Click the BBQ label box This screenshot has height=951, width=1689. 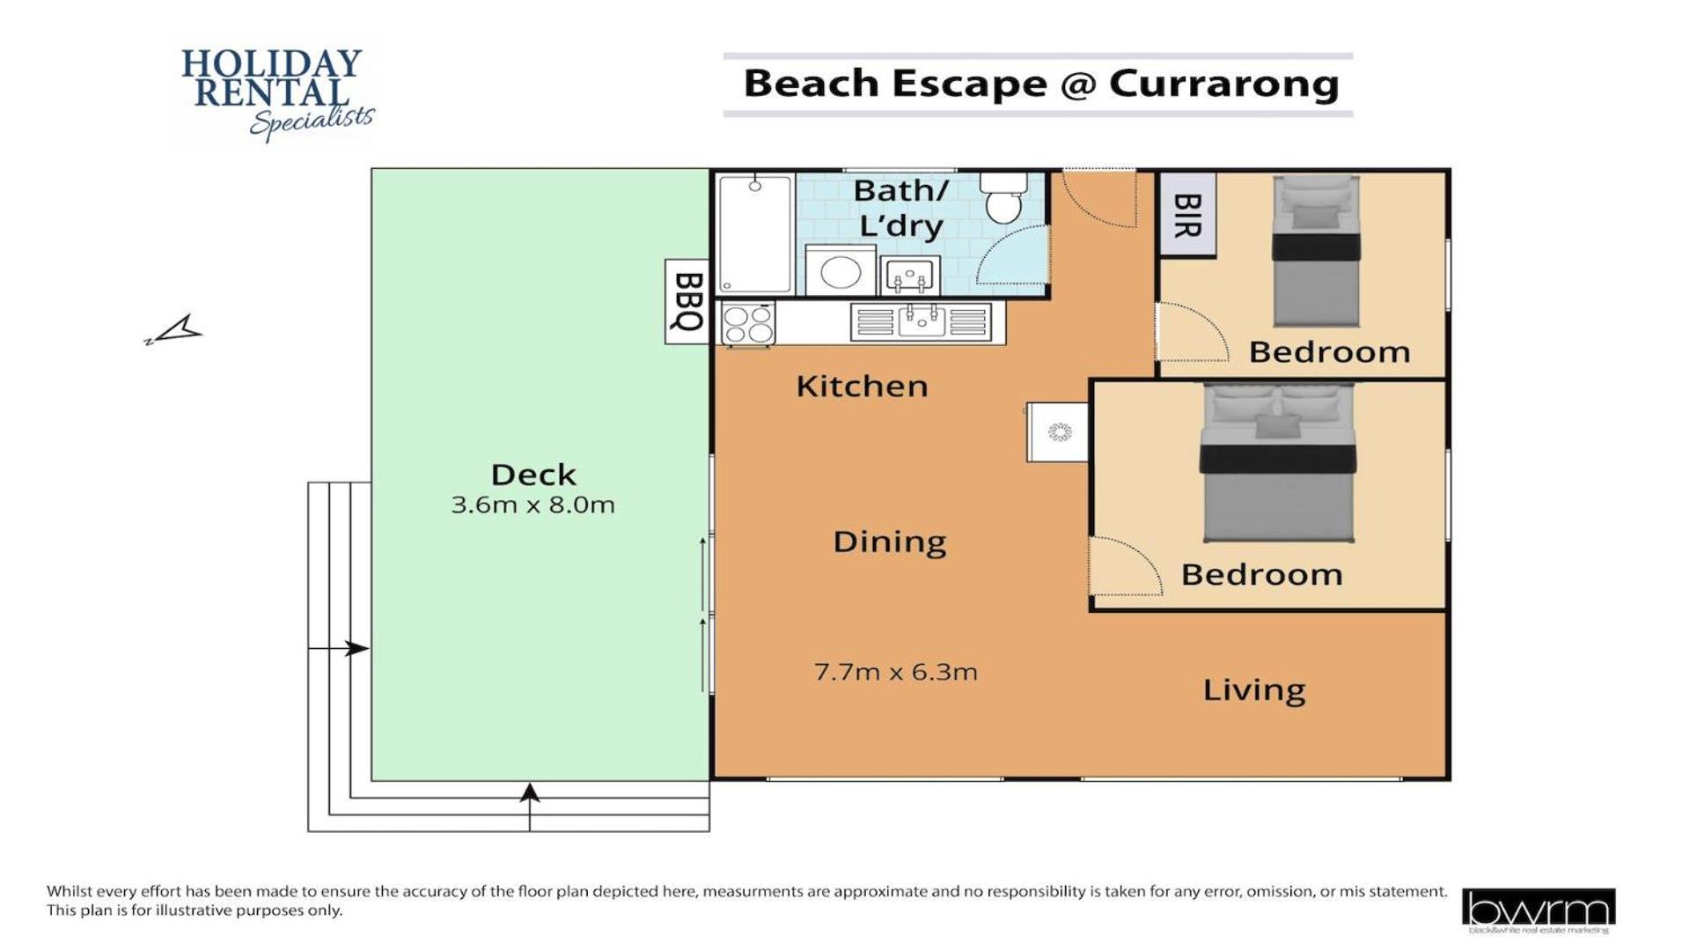687,301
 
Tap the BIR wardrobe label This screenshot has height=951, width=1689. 1187,215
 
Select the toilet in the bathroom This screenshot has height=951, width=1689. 1003,198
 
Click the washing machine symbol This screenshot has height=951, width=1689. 841,270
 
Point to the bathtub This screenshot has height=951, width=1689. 755,233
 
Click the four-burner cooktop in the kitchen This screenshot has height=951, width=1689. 748,323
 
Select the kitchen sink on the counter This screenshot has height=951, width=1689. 921,321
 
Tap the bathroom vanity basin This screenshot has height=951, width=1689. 909,276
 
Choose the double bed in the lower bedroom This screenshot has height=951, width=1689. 1277,462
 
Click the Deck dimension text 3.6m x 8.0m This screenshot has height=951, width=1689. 532,505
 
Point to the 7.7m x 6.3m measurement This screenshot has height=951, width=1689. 895,672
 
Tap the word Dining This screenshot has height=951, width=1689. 889,542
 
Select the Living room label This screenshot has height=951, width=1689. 1254,689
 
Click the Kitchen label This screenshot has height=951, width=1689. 862,386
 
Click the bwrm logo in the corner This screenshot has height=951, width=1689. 1538,910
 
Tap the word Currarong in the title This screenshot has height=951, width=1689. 1223,84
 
